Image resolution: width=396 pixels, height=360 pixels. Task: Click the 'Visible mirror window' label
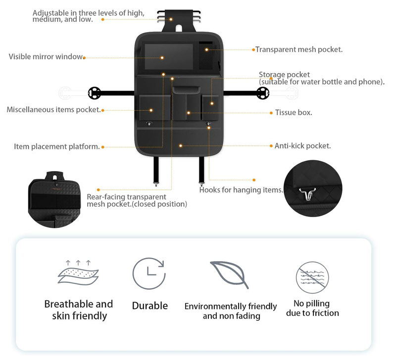(46, 57)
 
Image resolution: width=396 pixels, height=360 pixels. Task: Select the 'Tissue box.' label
(294, 113)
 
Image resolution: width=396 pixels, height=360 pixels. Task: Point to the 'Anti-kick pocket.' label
(302, 146)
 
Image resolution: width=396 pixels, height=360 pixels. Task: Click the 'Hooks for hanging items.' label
(241, 190)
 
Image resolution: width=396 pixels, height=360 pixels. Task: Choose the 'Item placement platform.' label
(57, 147)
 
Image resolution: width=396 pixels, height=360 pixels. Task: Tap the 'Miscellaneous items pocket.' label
(53, 110)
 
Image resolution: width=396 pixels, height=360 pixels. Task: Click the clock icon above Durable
(149, 273)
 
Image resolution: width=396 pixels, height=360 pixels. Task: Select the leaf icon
(229, 274)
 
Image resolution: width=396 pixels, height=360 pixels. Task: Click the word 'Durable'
(149, 306)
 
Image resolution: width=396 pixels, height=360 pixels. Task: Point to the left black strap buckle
(94, 92)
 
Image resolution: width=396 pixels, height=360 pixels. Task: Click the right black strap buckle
(262, 92)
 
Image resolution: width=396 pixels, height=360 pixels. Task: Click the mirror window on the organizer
(169, 56)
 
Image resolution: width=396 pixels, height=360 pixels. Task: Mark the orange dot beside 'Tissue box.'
(271, 113)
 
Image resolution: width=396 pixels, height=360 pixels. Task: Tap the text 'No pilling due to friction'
(312, 308)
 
